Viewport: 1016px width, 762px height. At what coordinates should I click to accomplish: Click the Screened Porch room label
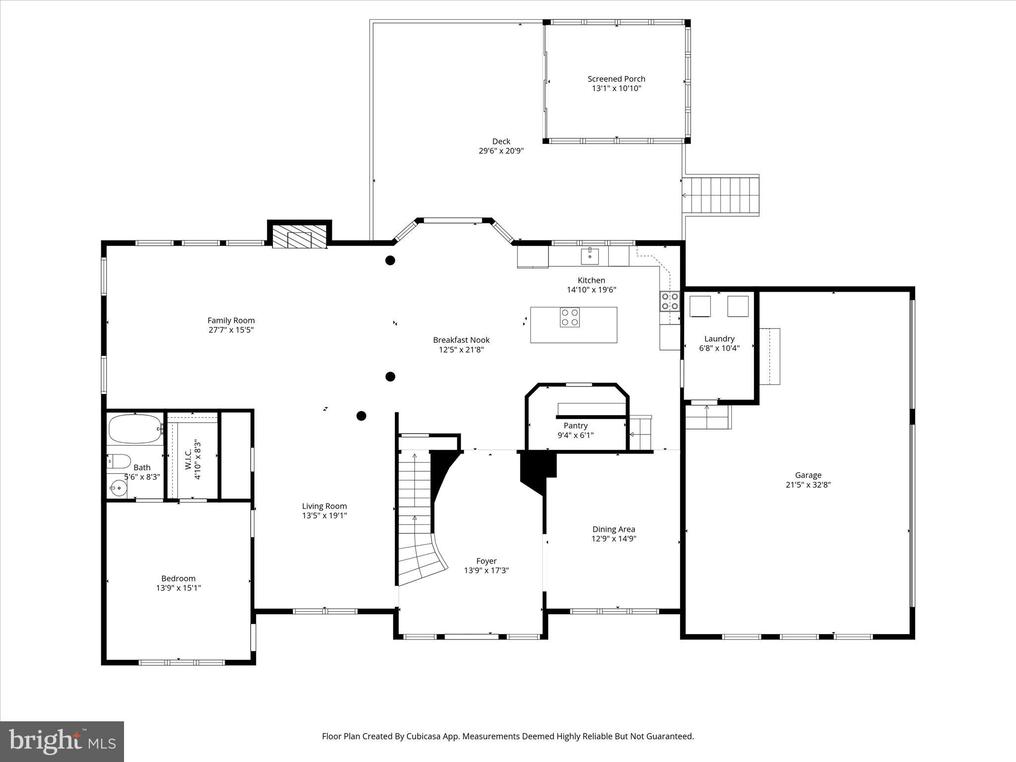pyautogui.click(x=616, y=79)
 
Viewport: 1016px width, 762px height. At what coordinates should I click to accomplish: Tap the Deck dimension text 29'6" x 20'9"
pyautogui.click(x=501, y=151)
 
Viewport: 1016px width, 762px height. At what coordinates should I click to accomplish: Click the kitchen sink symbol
pyautogui.click(x=590, y=256)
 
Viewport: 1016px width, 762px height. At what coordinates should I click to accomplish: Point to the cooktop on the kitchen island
pyautogui.click(x=570, y=317)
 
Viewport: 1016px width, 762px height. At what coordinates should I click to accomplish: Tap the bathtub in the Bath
pyautogui.click(x=135, y=429)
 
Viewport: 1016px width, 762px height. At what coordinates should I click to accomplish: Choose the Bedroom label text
pyautogui.click(x=178, y=578)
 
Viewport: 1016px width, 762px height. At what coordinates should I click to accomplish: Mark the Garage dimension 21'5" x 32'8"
pyautogui.click(x=808, y=485)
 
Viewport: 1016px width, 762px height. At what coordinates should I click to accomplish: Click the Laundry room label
pyautogui.click(x=719, y=339)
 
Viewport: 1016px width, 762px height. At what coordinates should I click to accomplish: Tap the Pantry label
pyautogui.click(x=575, y=426)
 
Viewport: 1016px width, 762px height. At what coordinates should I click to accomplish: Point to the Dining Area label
pyautogui.click(x=614, y=529)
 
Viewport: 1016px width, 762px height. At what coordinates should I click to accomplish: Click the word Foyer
pyautogui.click(x=486, y=561)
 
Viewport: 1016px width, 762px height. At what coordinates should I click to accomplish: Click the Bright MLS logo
pyautogui.click(x=62, y=741)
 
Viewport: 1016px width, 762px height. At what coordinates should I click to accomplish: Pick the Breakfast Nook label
pyautogui.click(x=461, y=340)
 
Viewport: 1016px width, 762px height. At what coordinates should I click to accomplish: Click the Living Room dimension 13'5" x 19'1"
pyautogui.click(x=324, y=515)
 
